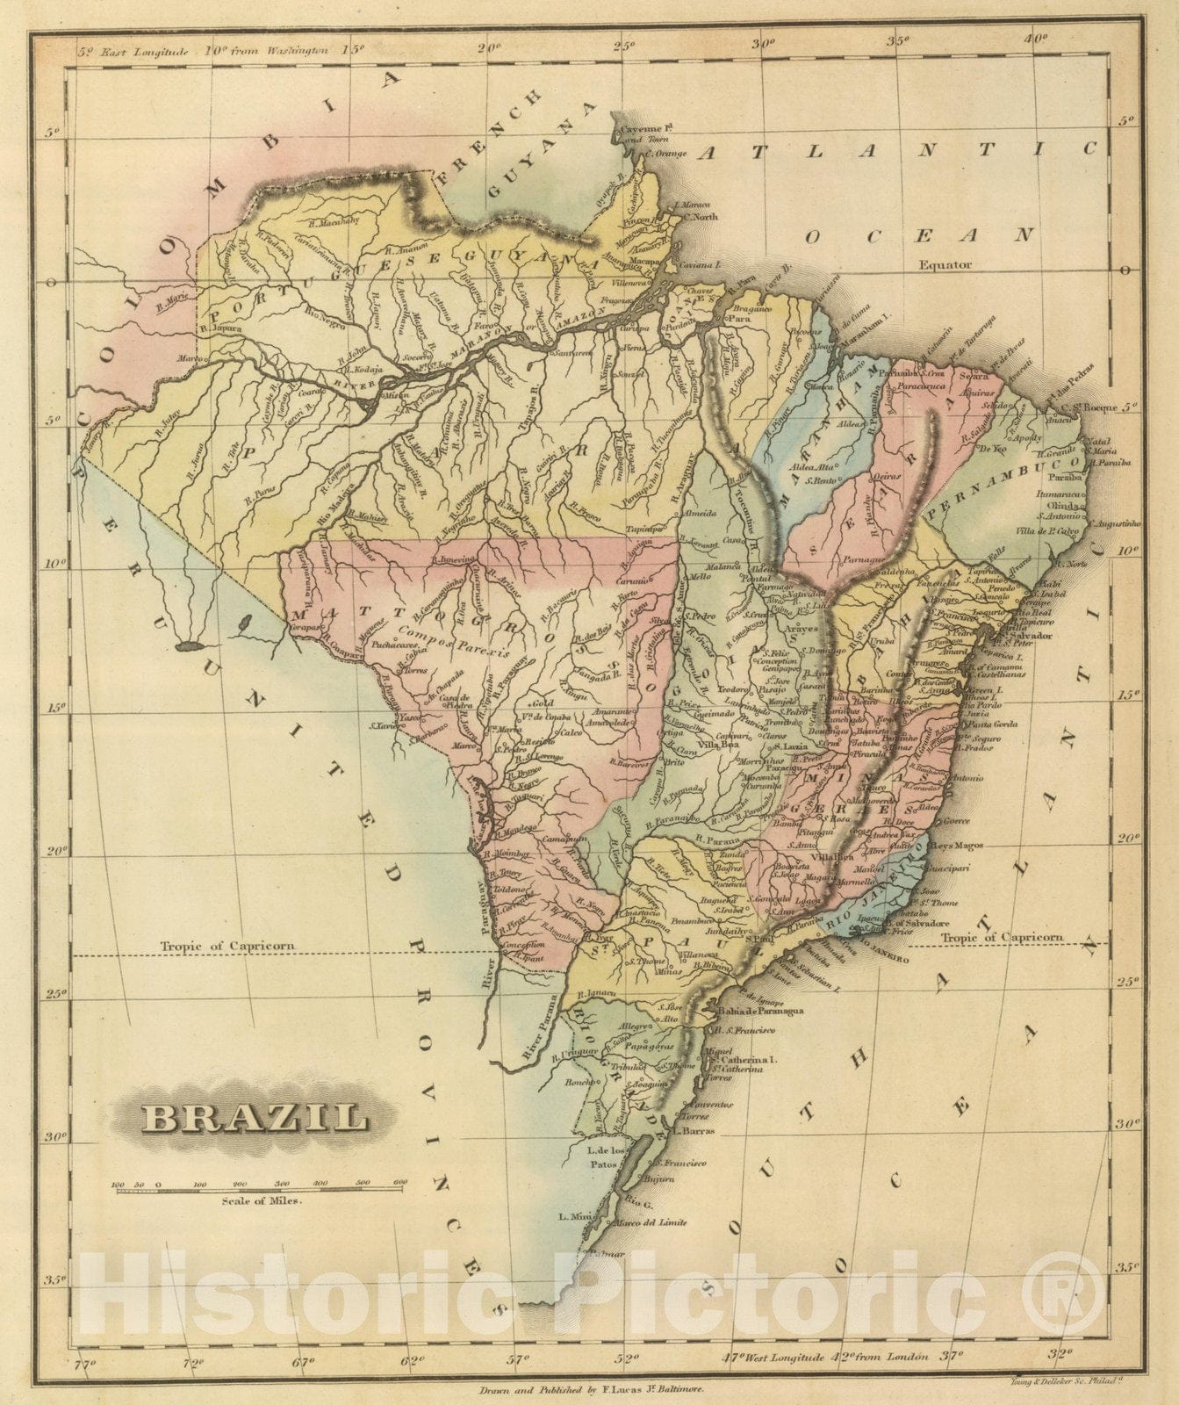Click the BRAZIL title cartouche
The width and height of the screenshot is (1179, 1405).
(x=255, y=1117)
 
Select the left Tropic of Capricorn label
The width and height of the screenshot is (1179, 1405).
(x=227, y=946)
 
